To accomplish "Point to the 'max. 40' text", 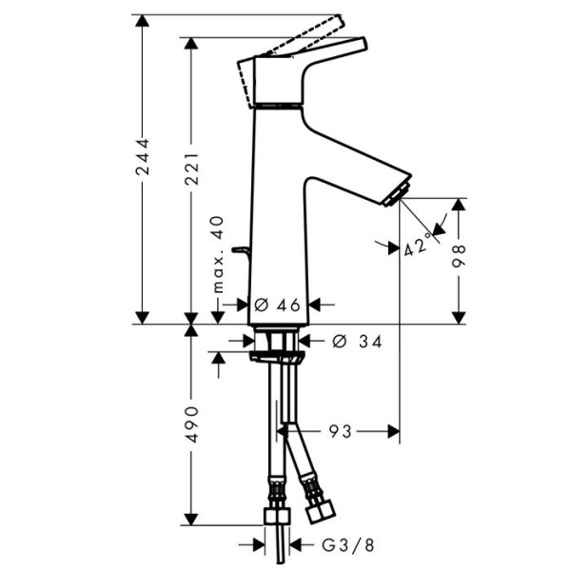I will tap(218, 254).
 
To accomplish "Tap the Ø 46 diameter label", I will tap(277, 305).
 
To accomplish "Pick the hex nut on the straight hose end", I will tap(277, 518).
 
